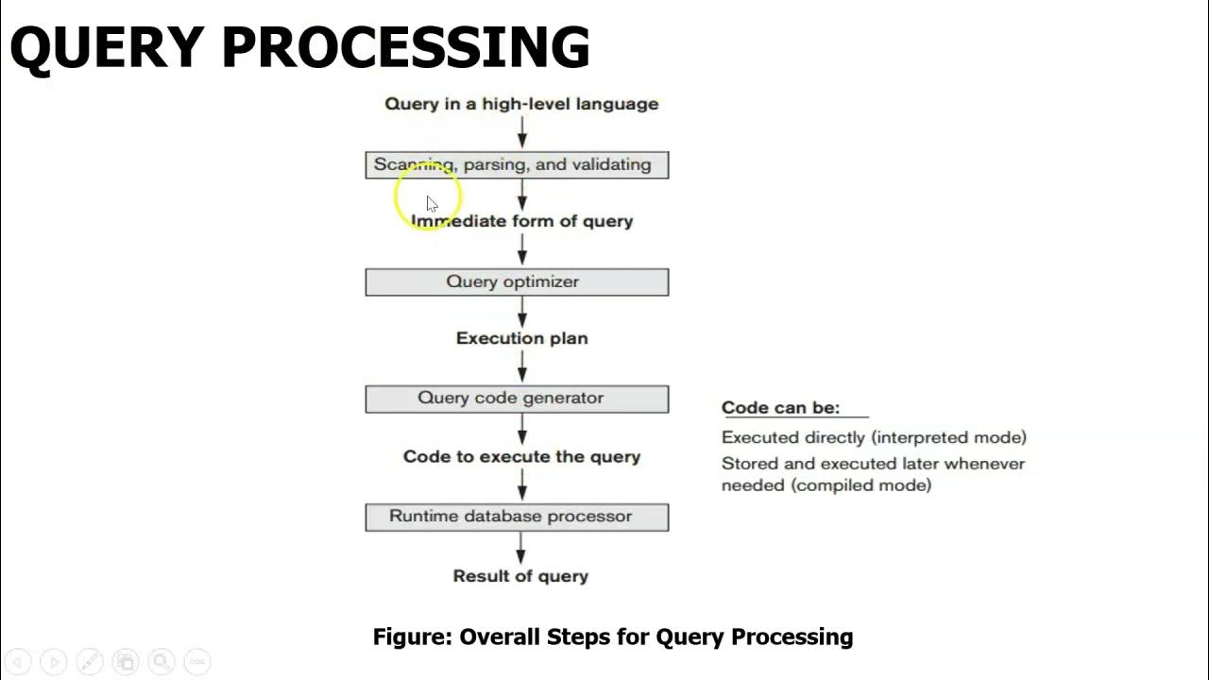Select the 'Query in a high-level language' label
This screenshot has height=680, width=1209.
tap(521, 104)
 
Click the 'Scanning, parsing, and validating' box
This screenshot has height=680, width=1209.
tap(517, 165)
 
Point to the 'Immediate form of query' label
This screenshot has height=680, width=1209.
tap(522, 221)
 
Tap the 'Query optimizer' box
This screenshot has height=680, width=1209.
tap(517, 282)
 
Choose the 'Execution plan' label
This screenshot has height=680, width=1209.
tap(521, 338)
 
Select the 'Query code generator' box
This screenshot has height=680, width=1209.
tap(517, 399)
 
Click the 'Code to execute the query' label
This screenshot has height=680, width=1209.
tap(521, 457)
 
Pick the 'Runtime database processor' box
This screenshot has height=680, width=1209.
tap(517, 517)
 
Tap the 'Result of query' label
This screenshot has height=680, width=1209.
tap(520, 576)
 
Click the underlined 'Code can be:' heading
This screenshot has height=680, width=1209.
tap(780, 408)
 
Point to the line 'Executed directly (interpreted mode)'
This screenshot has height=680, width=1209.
tap(874, 437)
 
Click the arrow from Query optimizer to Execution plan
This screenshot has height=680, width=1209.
tap(521, 312)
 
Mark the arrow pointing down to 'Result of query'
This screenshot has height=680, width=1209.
tap(520, 549)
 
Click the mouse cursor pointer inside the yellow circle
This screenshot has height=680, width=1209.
tap(431, 203)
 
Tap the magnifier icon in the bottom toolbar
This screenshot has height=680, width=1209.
tap(161, 662)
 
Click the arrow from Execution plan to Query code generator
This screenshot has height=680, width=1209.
tap(521, 367)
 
